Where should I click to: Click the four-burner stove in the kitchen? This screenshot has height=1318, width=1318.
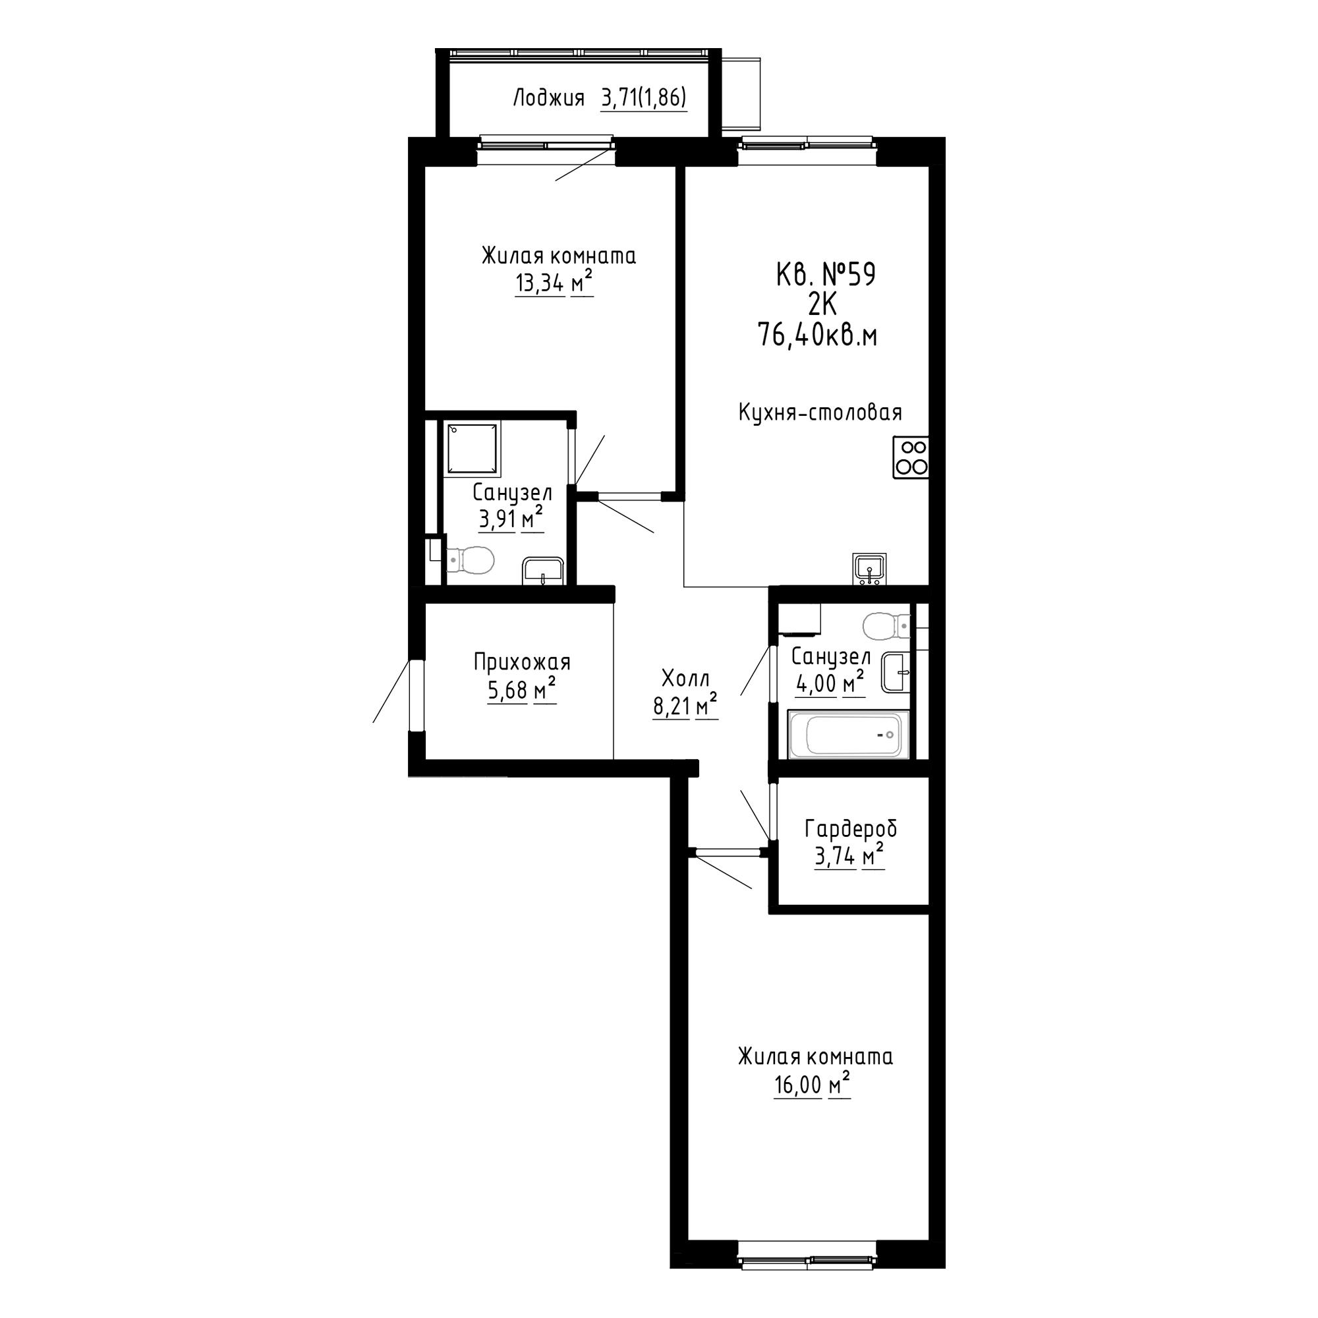click(x=911, y=457)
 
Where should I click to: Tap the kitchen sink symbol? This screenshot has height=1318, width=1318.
click(x=869, y=569)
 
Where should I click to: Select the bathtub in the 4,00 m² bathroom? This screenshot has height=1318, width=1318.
click(x=849, y=734)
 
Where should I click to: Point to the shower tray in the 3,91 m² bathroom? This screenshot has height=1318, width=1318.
click(x=473, y=448)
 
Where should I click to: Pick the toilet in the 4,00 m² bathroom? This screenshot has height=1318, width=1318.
click(x=886, y=625)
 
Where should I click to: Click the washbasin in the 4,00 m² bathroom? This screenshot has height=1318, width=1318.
click(x=896, y=672)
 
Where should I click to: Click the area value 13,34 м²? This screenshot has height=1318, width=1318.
click(x=554, y=282)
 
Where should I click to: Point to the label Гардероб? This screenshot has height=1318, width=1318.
click(x=851, y=829)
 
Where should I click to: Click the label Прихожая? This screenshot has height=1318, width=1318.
click(x=522, y=662)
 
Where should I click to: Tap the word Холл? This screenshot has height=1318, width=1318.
click(x=685, y=678)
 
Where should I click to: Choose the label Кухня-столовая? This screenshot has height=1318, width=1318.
click(x=820, y=412)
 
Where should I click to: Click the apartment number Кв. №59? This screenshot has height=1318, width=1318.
click(x=826, y=275)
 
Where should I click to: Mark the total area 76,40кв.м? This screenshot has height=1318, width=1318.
click(x=817, y=335)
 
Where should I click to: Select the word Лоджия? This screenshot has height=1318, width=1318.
click(x=548, y=99)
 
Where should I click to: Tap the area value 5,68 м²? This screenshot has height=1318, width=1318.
click(x=521, y=691)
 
